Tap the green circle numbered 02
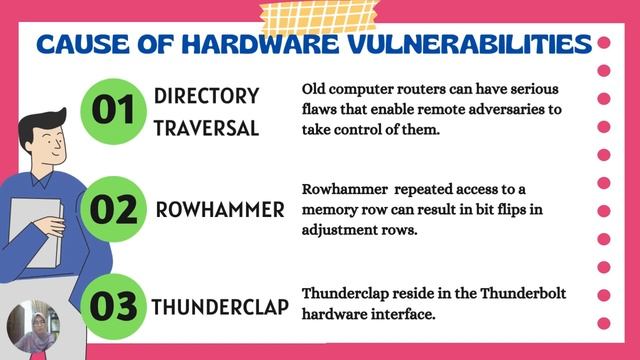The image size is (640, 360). pyautogui.click(x=114, y=210)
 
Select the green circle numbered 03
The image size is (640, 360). pyautogui.click(x=114, y=304)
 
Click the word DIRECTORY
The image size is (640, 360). pyautogui.click(x=207, y=96)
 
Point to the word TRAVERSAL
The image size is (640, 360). pyautogui.click(x=207, y=129)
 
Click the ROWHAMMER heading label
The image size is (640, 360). pyautogui.click(x=221, y=211)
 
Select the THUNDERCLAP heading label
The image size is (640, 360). pyautogui.click(x=221, y=305)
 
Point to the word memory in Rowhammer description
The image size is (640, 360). pyautogui.click(x=330, y=210)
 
